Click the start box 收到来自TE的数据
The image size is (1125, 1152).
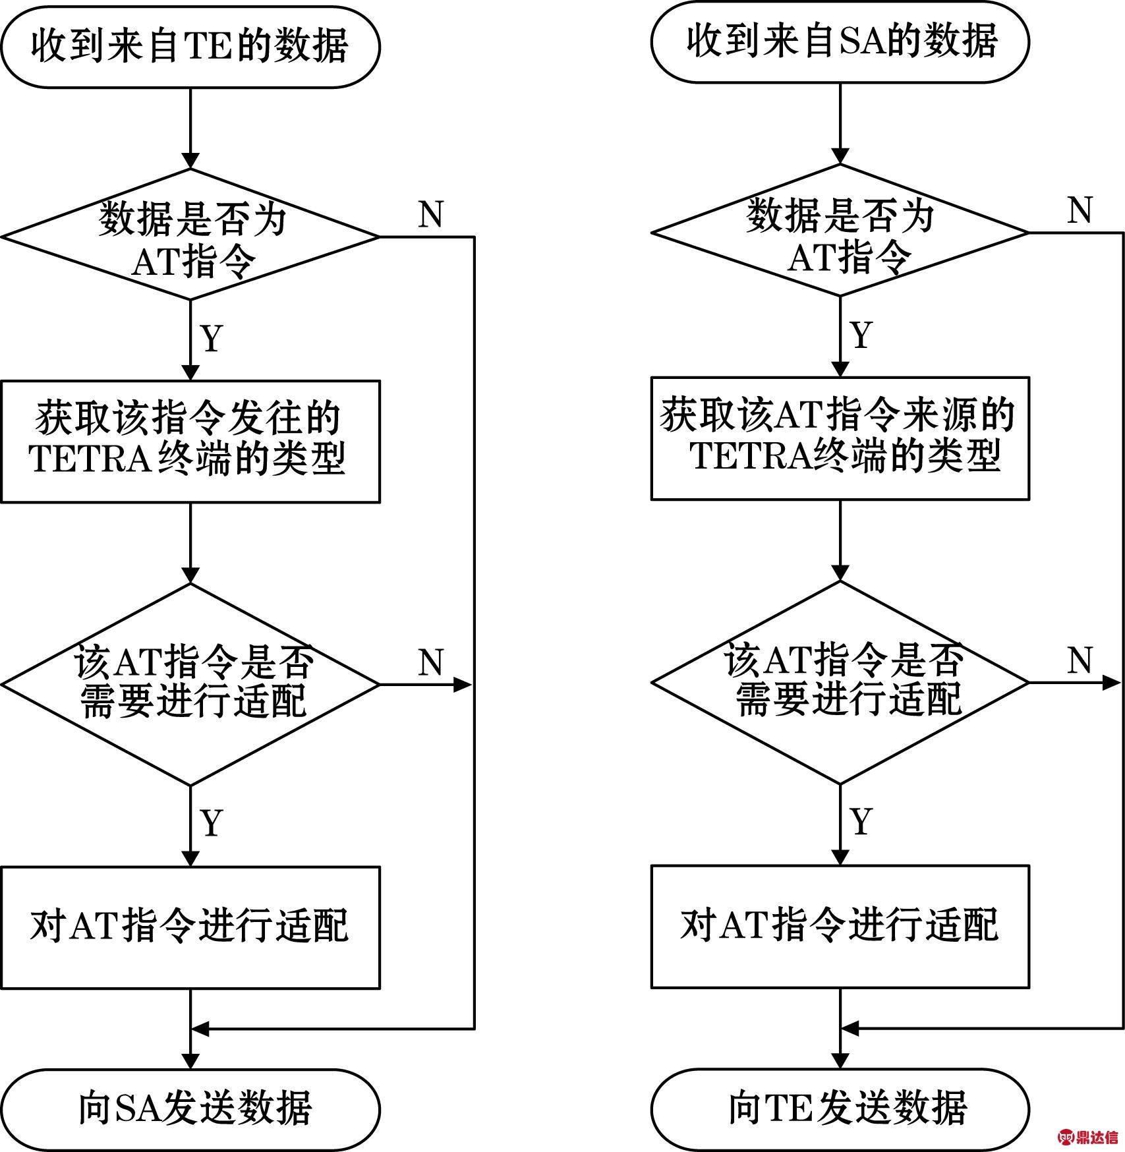190,47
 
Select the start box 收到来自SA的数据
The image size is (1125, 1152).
840,42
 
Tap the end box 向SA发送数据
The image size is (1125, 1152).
190,1110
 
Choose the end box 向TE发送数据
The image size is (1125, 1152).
840,1109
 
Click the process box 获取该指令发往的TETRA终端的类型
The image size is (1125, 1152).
190,442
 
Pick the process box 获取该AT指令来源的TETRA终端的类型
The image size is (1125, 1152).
840,438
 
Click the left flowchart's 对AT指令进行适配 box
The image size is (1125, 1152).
190,927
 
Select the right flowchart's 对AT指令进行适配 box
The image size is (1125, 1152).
840,927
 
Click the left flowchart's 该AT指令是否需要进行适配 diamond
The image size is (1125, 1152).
190,685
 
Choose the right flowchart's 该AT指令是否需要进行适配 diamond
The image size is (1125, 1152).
840,683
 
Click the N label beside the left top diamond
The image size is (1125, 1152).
430,214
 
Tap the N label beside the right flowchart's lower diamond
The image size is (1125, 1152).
1080,660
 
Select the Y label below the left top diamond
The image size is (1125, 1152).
212,337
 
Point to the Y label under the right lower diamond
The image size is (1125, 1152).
861,821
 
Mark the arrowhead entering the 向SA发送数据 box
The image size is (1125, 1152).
190,1061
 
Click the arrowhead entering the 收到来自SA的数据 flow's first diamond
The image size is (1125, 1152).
840,156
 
